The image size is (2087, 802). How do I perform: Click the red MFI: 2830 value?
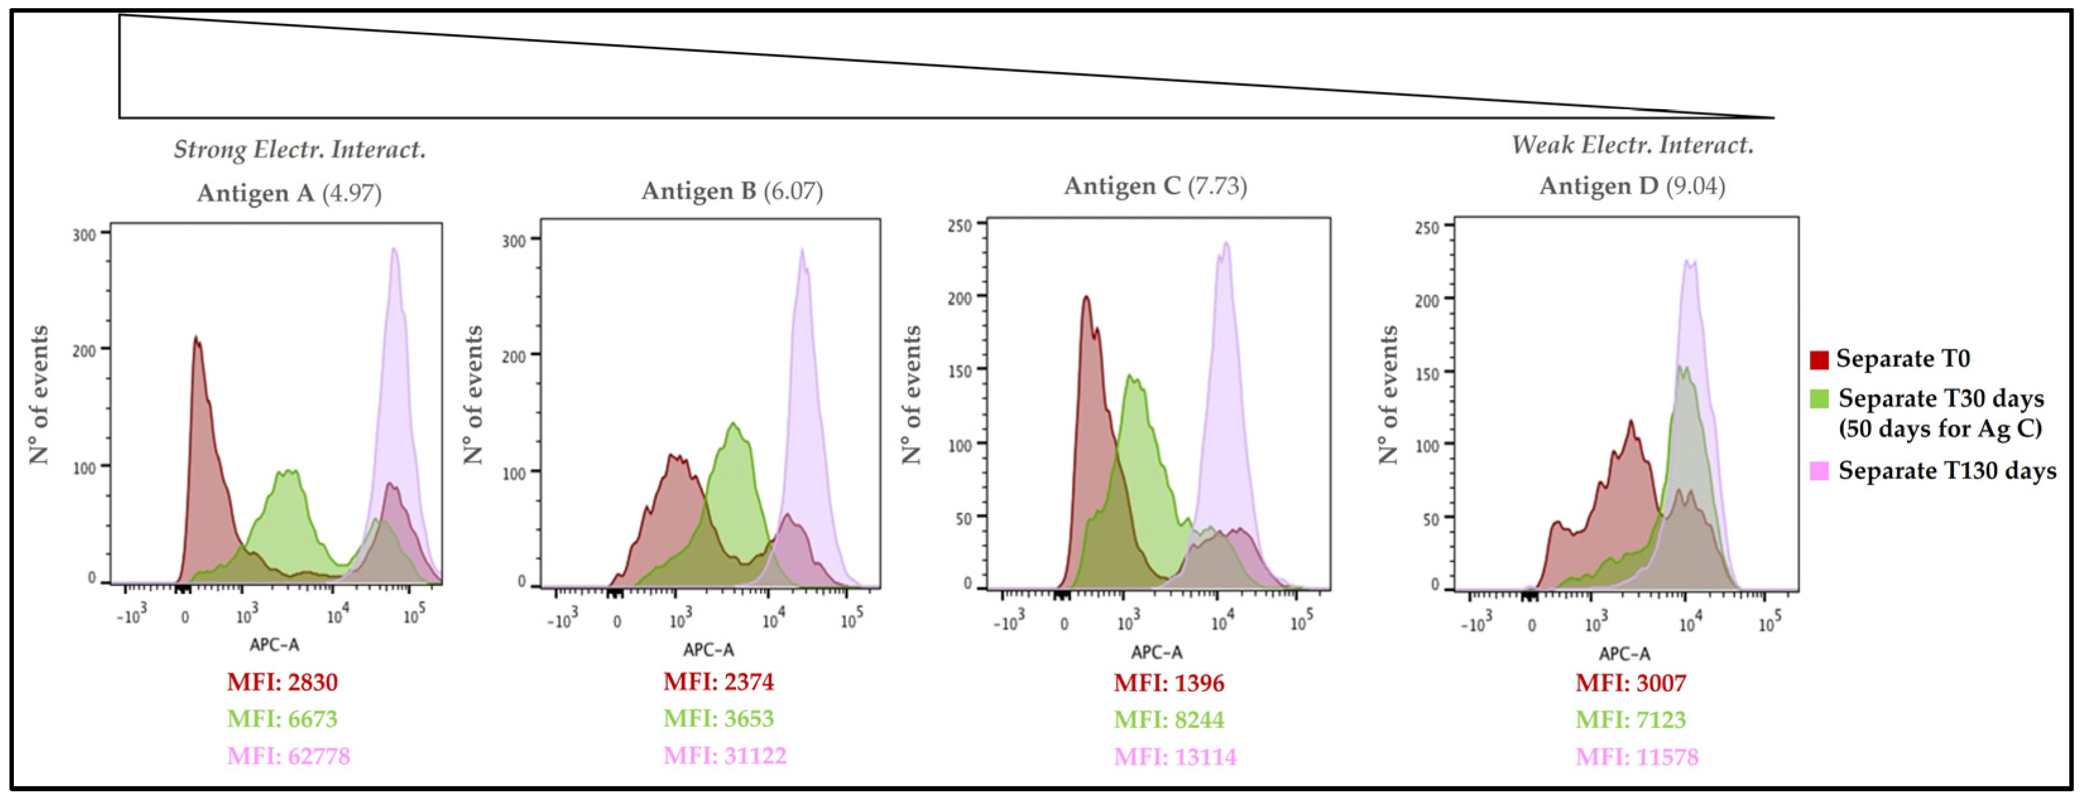click(x=282, y=682)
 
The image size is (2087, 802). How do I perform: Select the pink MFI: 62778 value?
click(x=288, y=757)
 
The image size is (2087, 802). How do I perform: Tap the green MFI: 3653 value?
click(x=718, y=719)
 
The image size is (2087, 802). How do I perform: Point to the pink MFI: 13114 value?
click(x=1175, y=757)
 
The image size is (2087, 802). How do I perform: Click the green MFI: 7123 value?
click(x=1631, y=719)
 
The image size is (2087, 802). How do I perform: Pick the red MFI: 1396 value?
click(x=1169, y=683)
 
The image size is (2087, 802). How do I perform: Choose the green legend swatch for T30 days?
click(x=1819, y=399)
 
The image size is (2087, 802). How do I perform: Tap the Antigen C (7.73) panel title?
click(x=1155, y=186)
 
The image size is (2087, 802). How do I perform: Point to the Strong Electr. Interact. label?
click(x=300, y=150)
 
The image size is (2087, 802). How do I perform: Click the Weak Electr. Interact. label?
click(x=1632, y=146)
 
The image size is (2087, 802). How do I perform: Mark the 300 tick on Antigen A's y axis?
click(x=84, y=235)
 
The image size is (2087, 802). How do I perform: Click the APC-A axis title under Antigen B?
click(x=708, y=650)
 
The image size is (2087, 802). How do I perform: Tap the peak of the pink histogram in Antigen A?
click(x=395, y=249)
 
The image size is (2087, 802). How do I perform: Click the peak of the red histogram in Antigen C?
click(x=1086, y=297)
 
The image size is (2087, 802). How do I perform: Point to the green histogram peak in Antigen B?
click(x=733, y=424)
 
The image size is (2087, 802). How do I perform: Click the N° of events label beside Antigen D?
click(x=1389, y=395)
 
